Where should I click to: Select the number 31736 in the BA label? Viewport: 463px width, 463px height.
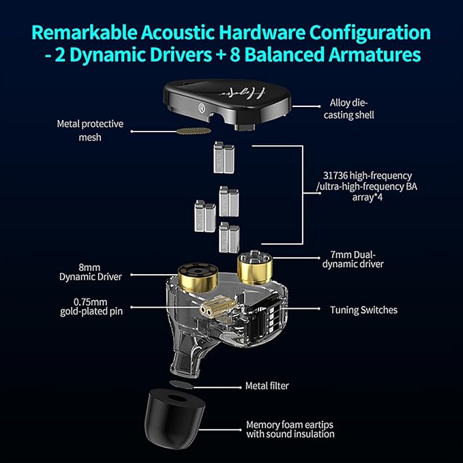tap(335, 175)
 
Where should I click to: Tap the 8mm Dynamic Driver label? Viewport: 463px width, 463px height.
tap(91, 272)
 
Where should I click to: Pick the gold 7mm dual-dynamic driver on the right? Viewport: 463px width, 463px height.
tap(254, 265)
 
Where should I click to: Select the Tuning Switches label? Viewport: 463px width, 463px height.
tap(364, 310)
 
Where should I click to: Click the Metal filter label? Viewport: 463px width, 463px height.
tap(267, 386)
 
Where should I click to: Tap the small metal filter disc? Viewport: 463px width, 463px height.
tap(179, 385)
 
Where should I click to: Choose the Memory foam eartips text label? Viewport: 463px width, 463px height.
tap(290, 429)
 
